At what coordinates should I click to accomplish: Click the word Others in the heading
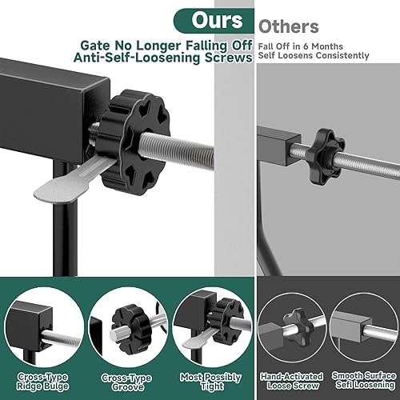click(289, 26)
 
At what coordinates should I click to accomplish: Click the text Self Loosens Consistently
click(314, 56)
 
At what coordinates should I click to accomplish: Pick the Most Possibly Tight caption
click(202, 379)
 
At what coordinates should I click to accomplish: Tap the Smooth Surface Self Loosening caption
click(360, 379)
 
